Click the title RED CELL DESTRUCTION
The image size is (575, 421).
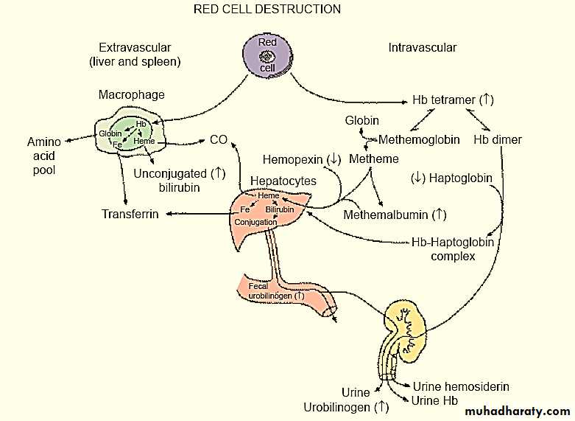coord(267,10)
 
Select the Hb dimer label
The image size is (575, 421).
coord(498,139)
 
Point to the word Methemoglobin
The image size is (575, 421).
coord(419,139)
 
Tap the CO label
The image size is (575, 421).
coord(218,139)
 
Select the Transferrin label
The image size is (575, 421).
coord(132,215)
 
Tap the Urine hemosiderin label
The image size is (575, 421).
coord(461,386)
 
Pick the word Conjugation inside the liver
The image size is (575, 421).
coord(255,221)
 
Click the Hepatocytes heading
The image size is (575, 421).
coord(283,181)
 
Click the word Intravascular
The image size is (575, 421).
coord(423,48)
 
